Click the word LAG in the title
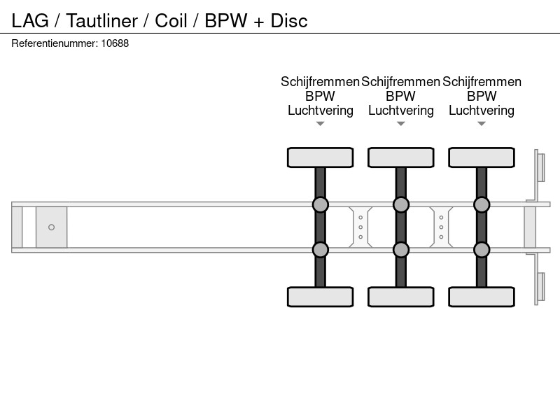click(30, 21)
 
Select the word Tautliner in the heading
click(102, 21)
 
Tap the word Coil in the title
click(171, 21)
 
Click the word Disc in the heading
click(289, 21)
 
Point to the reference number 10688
click(115, 43)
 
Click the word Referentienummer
click(55, 43)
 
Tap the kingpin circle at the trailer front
click(51, 227)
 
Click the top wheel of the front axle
click(321, 157)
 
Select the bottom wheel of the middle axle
click(401, 297)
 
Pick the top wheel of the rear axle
click(482, 157)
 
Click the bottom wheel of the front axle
click(321, 297)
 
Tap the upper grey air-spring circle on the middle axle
click(401, 204)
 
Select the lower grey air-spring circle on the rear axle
click(482, 250)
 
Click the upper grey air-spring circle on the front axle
click(321, 204)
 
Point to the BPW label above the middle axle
click(400, 96)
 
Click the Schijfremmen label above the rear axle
click(482, 82)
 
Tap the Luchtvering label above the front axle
click(321, 111)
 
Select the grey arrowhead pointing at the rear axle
click(482, 124)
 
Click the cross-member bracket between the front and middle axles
click(360, 227)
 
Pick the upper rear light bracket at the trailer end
click(539, 168)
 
